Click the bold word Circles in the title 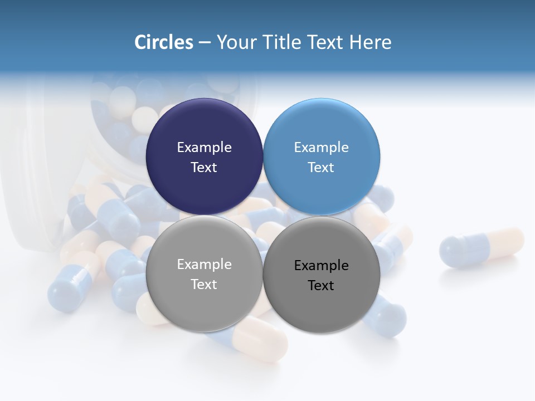click(x=164, y=42)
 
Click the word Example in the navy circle click(x=204, y=148)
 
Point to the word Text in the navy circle click(x=204, y=168)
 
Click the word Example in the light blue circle click(x=322, y=148)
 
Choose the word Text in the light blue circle click(x=322, y=168)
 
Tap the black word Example click(x=322, y=266)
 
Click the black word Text click(x=322, y=286)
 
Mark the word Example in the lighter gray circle click(x=204, y=265)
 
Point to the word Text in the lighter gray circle click(x=204, y=285)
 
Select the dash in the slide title click(x=205, y=42)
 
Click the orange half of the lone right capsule click(x=504, y=243)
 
